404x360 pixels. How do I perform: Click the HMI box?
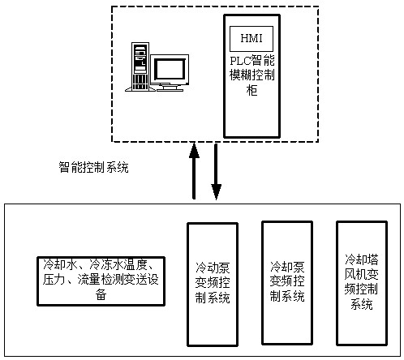pyautogui.click(x=251, y=39)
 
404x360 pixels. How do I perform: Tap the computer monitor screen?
pyautogui.click(x=170, y=69)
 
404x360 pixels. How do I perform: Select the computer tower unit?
pyautogui.click(x=140, y=66)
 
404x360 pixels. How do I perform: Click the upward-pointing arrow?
pyautogui.click(x=194, y=171)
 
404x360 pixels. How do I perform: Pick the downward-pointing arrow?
pyautogui.click(x=216, y=172)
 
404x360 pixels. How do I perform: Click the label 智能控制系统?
pyautogui.click(x=93, y=167)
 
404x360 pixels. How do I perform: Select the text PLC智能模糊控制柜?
pyautogui.click(x=252, y=75)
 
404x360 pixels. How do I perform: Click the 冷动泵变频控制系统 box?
pyautogui.click(x=213, y=285)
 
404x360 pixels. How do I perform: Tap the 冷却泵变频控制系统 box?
pyautogui.click(x=287, y=283)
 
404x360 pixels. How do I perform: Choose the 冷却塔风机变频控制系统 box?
pyautogui.click(x=362, y=283)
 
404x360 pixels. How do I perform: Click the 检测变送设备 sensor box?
pyautogui.click(x=101, y=281)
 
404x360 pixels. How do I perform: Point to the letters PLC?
pyautogui.click(x=240, y=61)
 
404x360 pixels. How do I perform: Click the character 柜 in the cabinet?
pyautogui.click(x=251, y=90)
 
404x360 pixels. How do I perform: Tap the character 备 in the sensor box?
pyautogui.click(x=101, y=294)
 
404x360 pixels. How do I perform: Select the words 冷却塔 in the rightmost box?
pyautogui.click(x=362, y=259)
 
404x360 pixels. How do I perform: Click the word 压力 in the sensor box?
pyautogui.click(x=54, y=280)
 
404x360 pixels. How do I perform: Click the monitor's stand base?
pyautogui.click(x=170, y=88)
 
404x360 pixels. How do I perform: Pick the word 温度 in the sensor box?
pyautogui.click(x=135, y=264)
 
